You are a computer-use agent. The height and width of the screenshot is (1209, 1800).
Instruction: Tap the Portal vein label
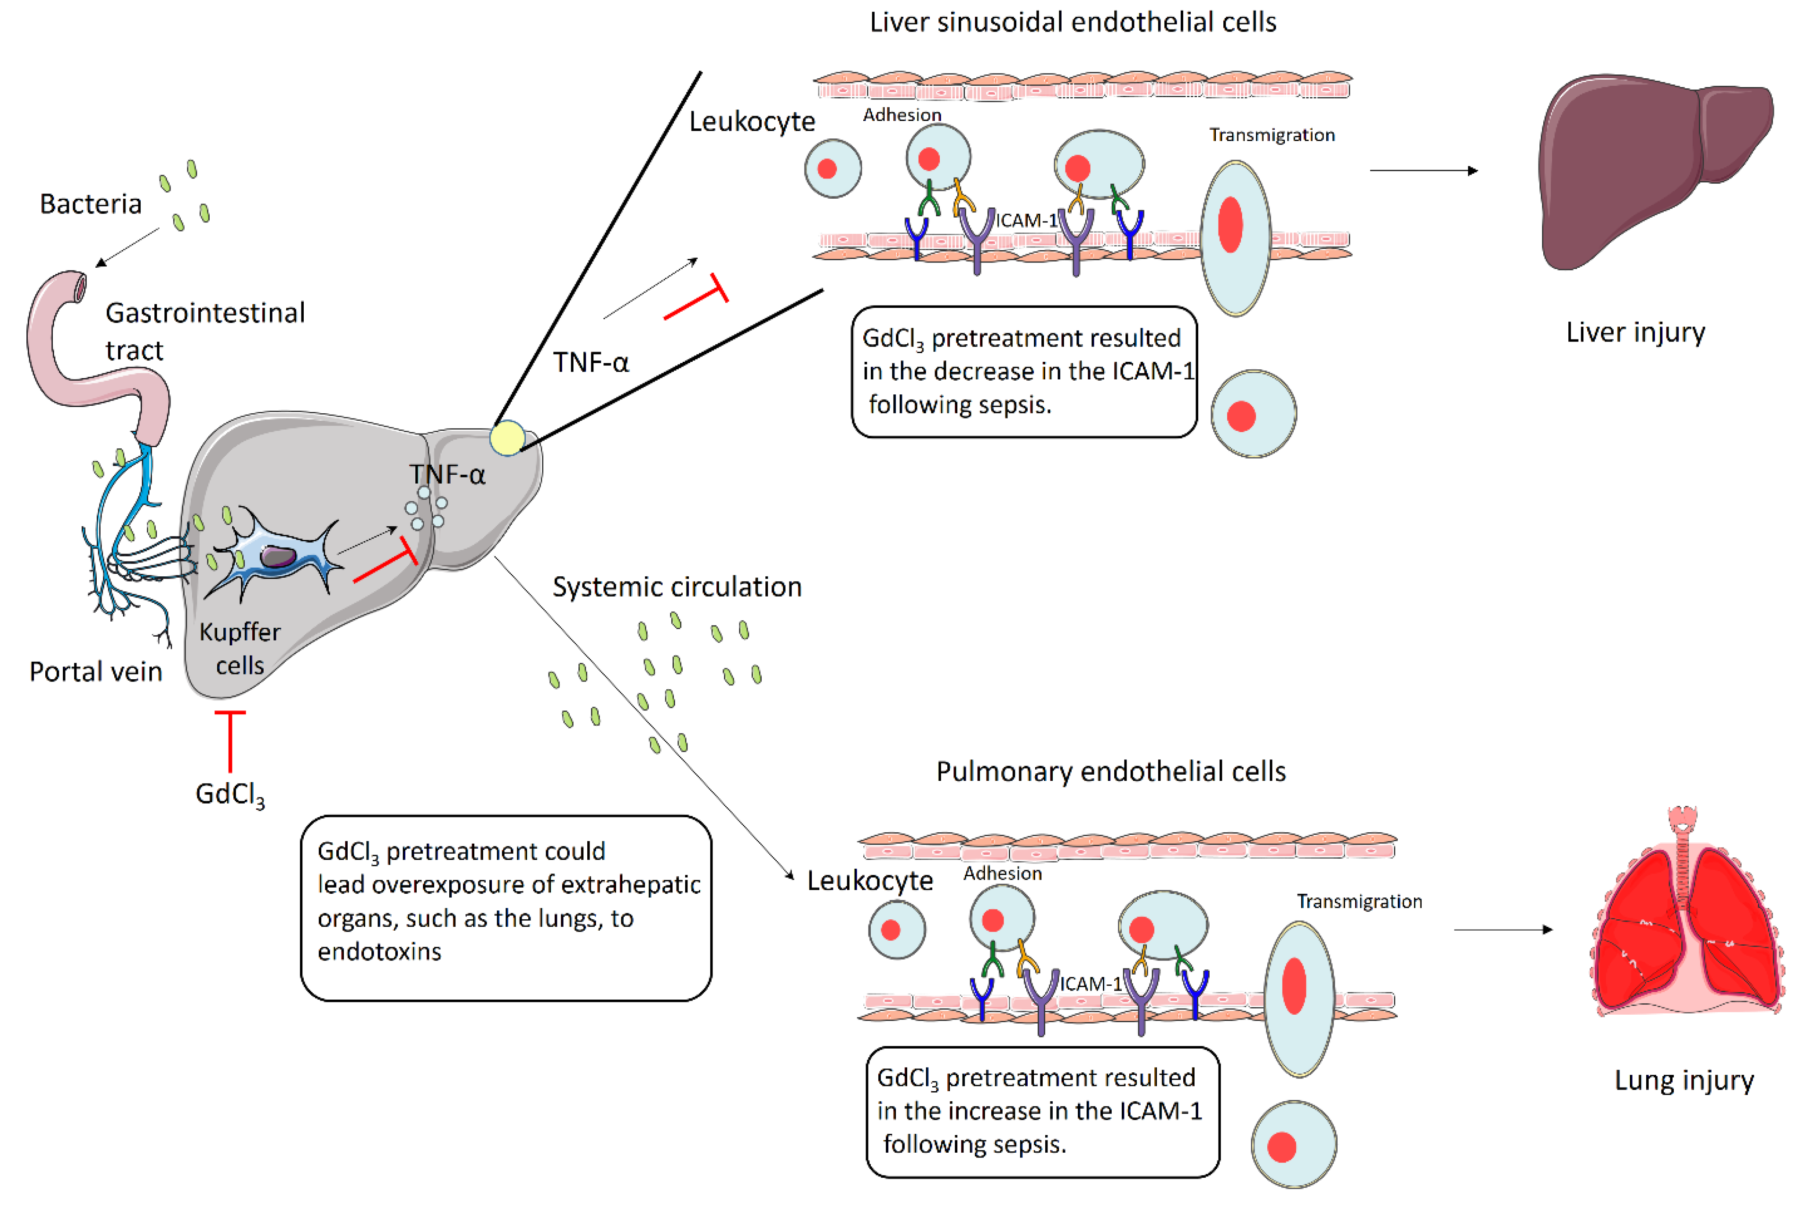(x=95, y=672)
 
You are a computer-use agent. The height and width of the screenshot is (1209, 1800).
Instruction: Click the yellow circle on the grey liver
(x=506, y=438)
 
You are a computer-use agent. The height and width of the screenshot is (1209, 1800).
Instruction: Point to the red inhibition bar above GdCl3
(x=230, y=740)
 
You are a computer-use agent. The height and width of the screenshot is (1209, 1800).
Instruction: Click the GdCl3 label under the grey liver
(x=230, y=794)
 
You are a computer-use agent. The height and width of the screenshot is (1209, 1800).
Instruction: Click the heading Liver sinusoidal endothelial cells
(x=1072, y=22)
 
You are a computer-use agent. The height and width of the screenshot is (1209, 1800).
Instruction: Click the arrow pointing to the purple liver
(x=1422, y=171)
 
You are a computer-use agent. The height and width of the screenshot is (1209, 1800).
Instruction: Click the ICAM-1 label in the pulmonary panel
(x=1090, y=984)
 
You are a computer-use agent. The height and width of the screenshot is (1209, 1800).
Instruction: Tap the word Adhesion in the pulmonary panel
(x=1002, y=874)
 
